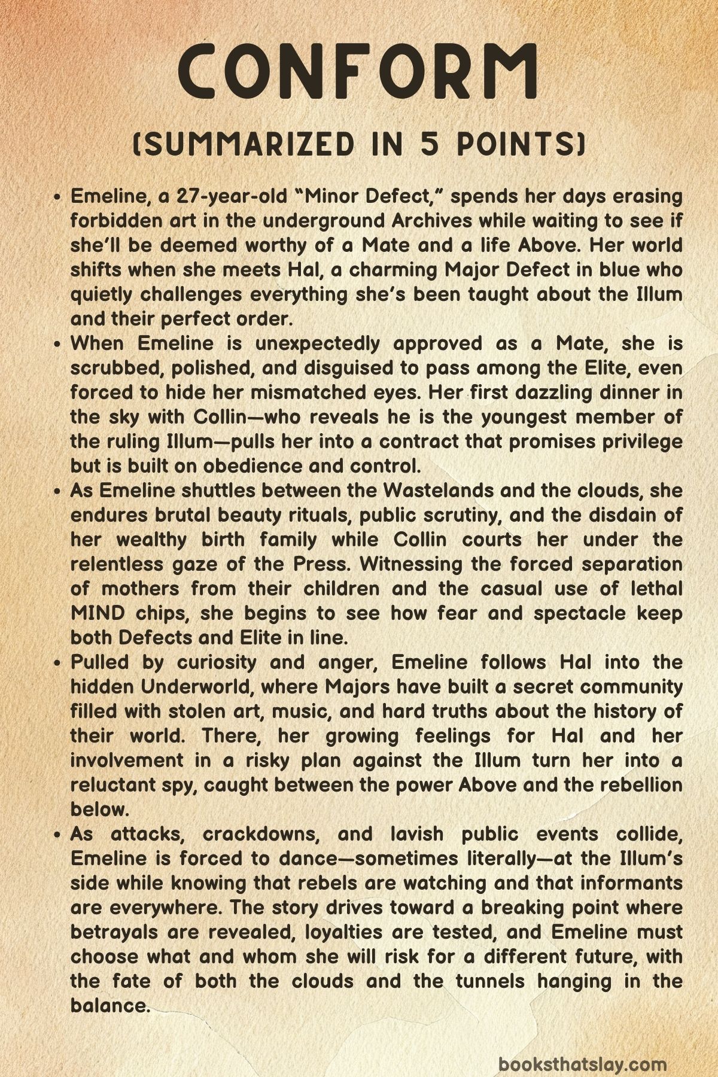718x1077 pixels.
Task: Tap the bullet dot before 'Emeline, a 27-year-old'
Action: coord(57,197)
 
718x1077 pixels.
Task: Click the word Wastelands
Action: coord(439,491)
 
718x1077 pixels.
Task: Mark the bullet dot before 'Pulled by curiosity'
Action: coord(57,663)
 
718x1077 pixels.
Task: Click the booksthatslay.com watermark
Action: coord(582,1048)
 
